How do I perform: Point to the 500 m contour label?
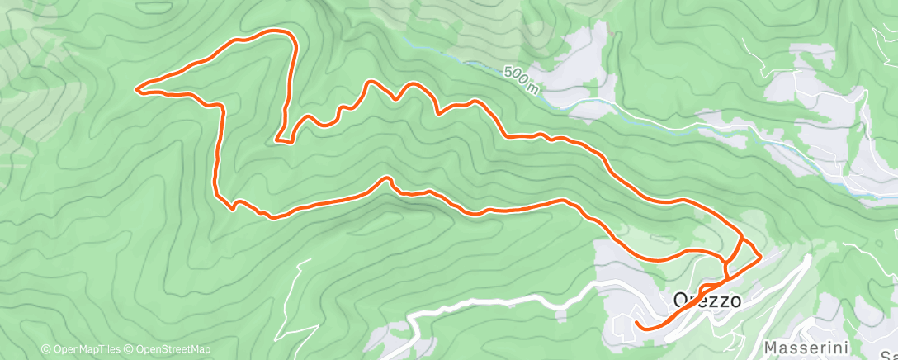coord(520,81)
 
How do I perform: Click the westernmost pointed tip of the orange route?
coord(136,88)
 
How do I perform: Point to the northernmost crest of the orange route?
coord(272,31)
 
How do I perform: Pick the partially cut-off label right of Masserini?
coord(887,348)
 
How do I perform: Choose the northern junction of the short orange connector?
coord(741,240)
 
